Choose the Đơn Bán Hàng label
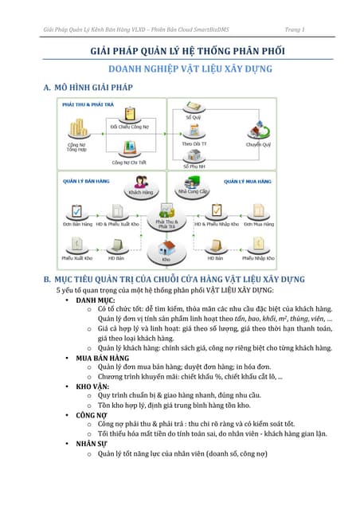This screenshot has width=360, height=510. click(x=77, y=225)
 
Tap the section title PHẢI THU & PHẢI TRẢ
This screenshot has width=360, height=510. click(x=82, y=104)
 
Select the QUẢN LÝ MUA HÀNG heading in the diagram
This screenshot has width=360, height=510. click(x=248, y=182)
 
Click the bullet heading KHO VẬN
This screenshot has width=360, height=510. click(x=93, y=386)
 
